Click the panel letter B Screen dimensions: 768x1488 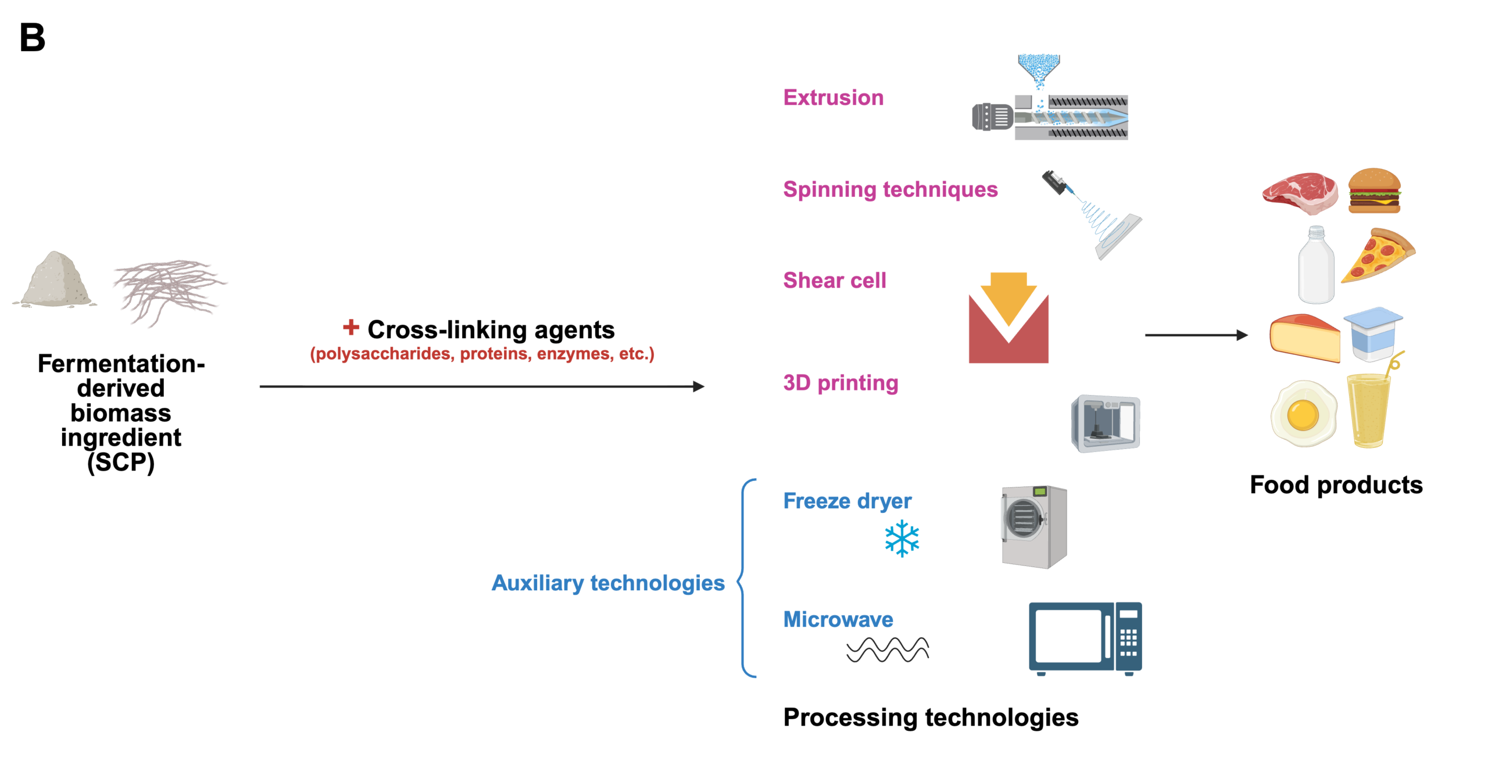32,38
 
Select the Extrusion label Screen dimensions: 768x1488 832,98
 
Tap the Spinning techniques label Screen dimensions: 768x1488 889,189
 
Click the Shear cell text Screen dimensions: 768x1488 834,281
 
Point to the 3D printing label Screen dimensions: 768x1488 840,383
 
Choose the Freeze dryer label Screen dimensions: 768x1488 847,501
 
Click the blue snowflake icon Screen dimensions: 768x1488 902,539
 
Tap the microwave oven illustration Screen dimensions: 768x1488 1085,638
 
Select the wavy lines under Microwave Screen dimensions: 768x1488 887,649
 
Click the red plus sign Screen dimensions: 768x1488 350,327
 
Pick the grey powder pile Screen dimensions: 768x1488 55,281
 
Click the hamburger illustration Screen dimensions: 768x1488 1373,191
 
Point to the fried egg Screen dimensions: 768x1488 1303,413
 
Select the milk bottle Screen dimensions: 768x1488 1316,265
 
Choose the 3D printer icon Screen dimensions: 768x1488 1105,424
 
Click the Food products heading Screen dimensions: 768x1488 1336,485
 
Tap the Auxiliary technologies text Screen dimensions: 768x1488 608,583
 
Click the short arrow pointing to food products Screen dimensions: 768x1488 1196,335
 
